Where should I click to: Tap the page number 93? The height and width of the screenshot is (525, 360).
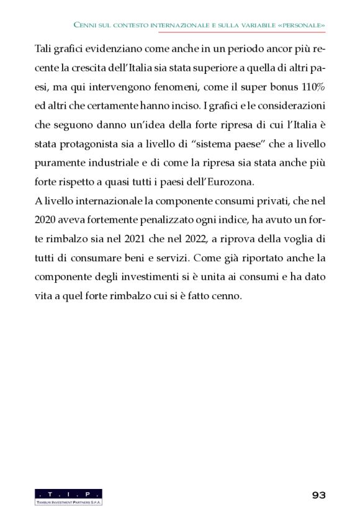click(318, 495)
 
